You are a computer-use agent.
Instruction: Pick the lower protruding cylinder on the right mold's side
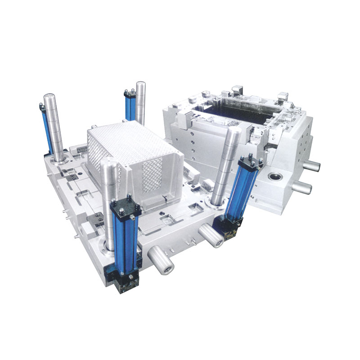[302, 187]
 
